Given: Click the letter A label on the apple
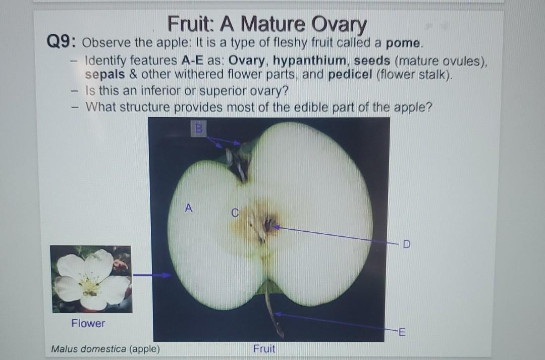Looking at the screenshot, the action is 188,208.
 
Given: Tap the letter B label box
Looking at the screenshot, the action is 198,128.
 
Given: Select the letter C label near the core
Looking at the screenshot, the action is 235,213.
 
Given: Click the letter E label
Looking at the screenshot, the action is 402,332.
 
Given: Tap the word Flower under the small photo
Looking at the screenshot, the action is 88,323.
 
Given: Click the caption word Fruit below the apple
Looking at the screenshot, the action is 264,348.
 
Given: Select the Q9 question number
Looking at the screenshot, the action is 62,42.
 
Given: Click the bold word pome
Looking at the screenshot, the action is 403,43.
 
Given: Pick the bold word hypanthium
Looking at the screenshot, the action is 309,61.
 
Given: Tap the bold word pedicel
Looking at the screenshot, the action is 350,75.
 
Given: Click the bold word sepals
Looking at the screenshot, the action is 105,74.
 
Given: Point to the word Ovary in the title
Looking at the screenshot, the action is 339,24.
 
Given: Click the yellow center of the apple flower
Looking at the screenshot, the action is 90,286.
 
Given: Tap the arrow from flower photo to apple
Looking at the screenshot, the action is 152,275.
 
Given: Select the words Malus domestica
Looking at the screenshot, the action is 89,348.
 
